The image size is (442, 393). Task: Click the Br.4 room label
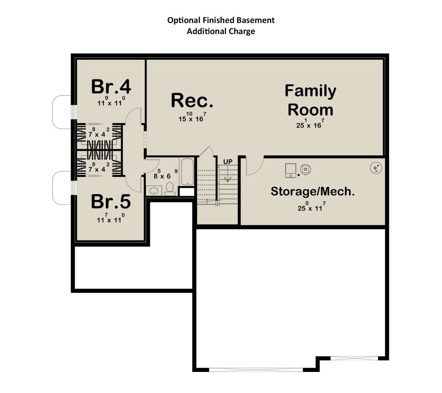pos(111,87)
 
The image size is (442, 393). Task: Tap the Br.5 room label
pos(111,201)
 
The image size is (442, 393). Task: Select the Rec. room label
pos(192,100)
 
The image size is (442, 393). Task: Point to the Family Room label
pos(310,100)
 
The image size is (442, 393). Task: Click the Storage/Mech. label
pos(313,191)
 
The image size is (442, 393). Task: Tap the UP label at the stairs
pos(228,162)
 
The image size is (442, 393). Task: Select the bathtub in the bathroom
pos(187,171)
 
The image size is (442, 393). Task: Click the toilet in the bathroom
pos(170,189)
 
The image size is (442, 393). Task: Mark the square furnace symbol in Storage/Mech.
pos(291,170)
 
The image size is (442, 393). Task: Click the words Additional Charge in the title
pos(221,31)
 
